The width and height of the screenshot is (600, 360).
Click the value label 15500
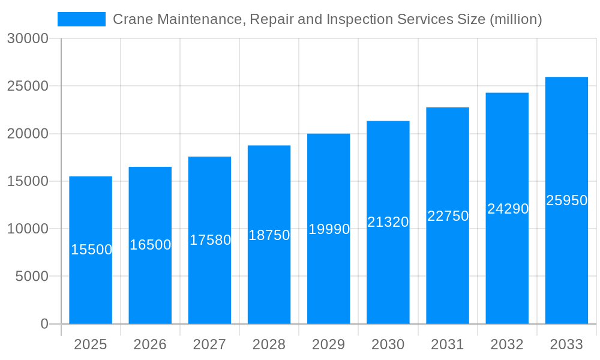click(x=92, y=250)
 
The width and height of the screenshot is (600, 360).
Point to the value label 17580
click(x=210, y=240)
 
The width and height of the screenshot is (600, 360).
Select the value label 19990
click(x=329, y=229)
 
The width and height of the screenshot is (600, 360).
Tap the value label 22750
click(x=448, y=216)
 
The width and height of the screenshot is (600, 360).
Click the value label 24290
click(x=508, y=209)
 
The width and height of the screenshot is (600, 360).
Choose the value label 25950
click(x=566, y=200)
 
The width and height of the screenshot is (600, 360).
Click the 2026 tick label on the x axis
click(x=150, y=344)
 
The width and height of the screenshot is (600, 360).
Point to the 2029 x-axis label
click(x=329, y=344)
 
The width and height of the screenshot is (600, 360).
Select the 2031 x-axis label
click(x=448, y=344)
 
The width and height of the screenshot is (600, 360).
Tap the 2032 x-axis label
click(x=507, y=344)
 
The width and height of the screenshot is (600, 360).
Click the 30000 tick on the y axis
click(x=27, y=39)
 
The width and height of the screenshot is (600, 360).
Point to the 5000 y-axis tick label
click(x=31, y=277)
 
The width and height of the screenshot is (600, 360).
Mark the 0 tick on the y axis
click(x=44, y=324)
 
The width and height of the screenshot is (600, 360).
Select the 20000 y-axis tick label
click(x=27, y=134)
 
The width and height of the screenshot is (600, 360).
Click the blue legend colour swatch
click(x=82, y=19)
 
